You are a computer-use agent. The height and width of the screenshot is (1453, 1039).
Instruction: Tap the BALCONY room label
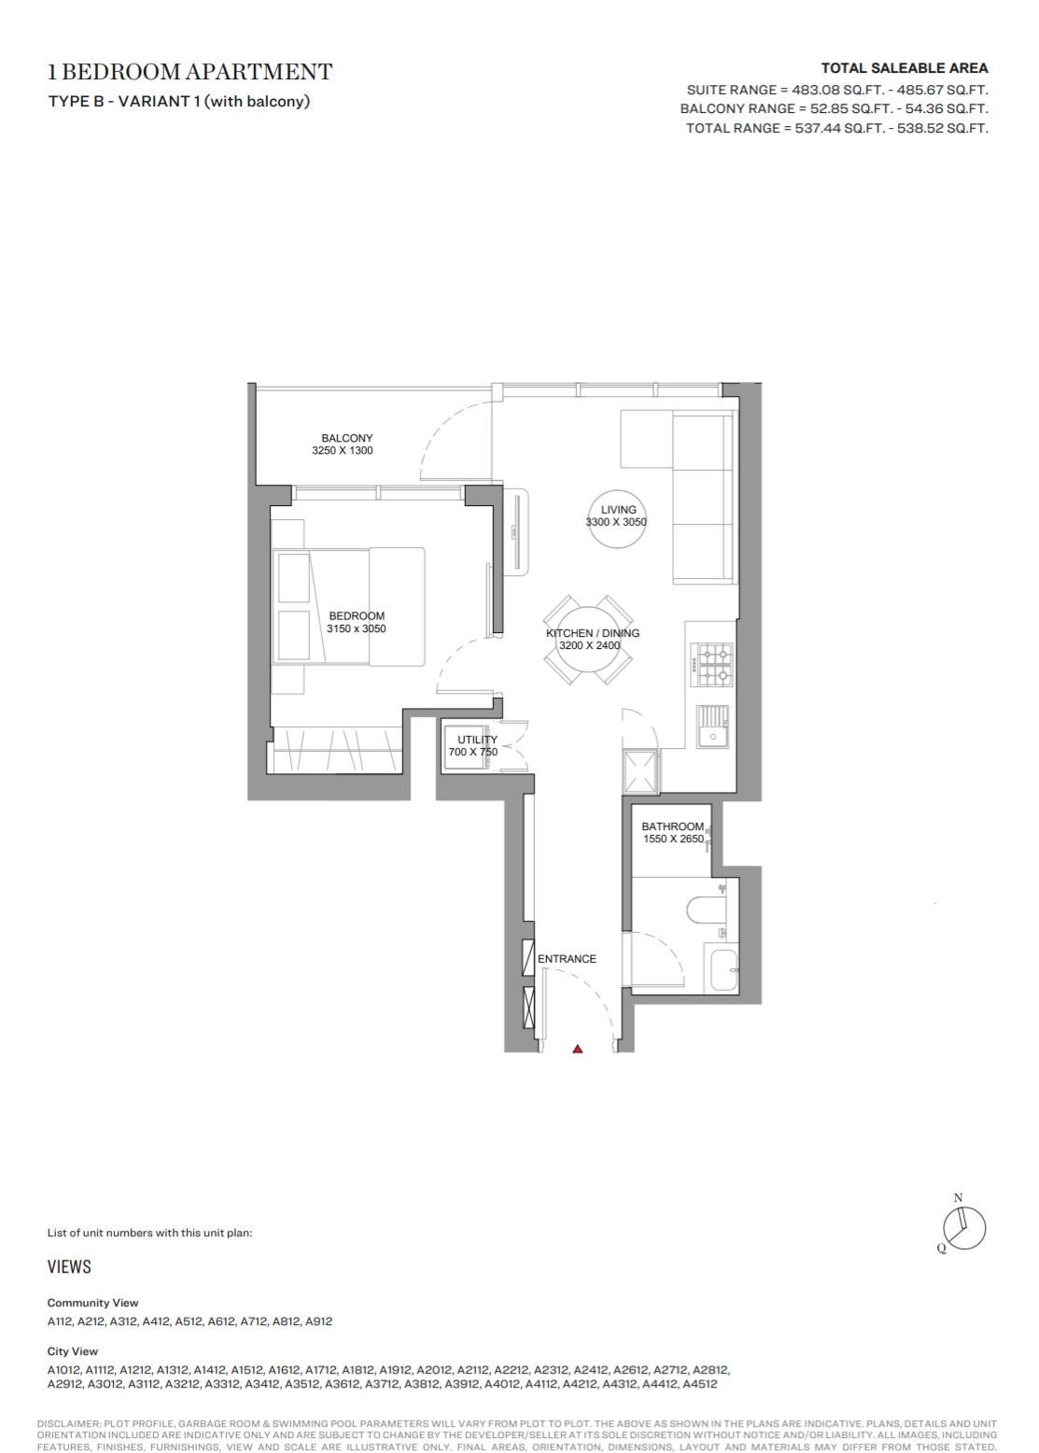(x=347, y=438)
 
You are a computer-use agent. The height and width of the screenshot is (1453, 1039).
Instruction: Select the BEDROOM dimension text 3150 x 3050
(x=356, y=628)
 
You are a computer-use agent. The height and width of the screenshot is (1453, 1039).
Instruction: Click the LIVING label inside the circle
(x=618, y=509)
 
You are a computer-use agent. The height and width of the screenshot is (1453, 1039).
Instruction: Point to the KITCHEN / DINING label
(x=592, y=632)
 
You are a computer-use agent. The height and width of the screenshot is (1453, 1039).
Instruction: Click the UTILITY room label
(x=477, y=740)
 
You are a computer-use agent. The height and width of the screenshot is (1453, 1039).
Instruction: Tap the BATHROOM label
(x=672, y=826)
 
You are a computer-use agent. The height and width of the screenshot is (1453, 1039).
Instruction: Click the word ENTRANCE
(x=567, y=959)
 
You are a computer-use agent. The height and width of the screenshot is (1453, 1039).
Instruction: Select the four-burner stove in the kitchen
(x=711, y=665)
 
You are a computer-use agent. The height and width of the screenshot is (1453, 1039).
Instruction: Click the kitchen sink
(x=713, y=726)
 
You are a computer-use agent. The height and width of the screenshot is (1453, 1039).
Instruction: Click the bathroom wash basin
(x=723, y=969)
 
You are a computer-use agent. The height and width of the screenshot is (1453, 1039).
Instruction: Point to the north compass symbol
(x=962, y=1227)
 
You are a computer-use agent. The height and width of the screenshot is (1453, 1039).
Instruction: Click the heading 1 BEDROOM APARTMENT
(x=190, y=71)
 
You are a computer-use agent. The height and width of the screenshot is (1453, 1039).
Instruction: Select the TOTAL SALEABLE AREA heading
(x=904, y=68)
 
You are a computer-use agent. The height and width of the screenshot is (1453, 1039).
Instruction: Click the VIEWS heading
(x=69, y=1266)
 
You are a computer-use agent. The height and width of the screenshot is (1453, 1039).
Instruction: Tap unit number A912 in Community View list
(x=318, y=1320)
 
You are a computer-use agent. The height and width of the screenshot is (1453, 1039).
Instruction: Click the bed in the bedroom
(x=349, y=606)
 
